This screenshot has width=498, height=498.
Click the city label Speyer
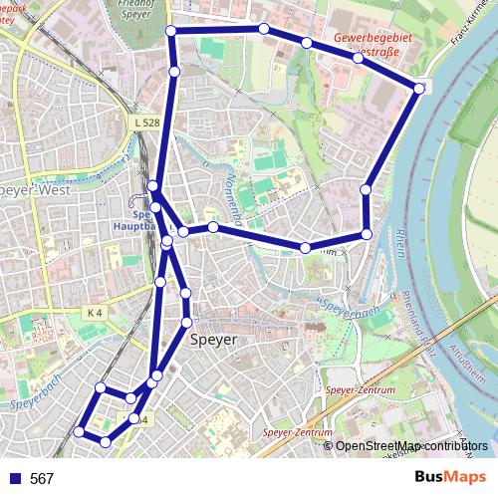[213, 340]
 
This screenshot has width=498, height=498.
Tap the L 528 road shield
[145, 123]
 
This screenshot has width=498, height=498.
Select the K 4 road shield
[95, 312]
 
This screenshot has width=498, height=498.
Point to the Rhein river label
[400, 241]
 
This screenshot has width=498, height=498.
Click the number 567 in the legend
[42, 479]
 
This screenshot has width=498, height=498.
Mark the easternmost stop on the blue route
[419, 89]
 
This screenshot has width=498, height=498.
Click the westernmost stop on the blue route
[79, 431]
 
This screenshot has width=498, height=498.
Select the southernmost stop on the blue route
[106, 441]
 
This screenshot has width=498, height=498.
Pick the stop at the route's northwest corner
[171, 32]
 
